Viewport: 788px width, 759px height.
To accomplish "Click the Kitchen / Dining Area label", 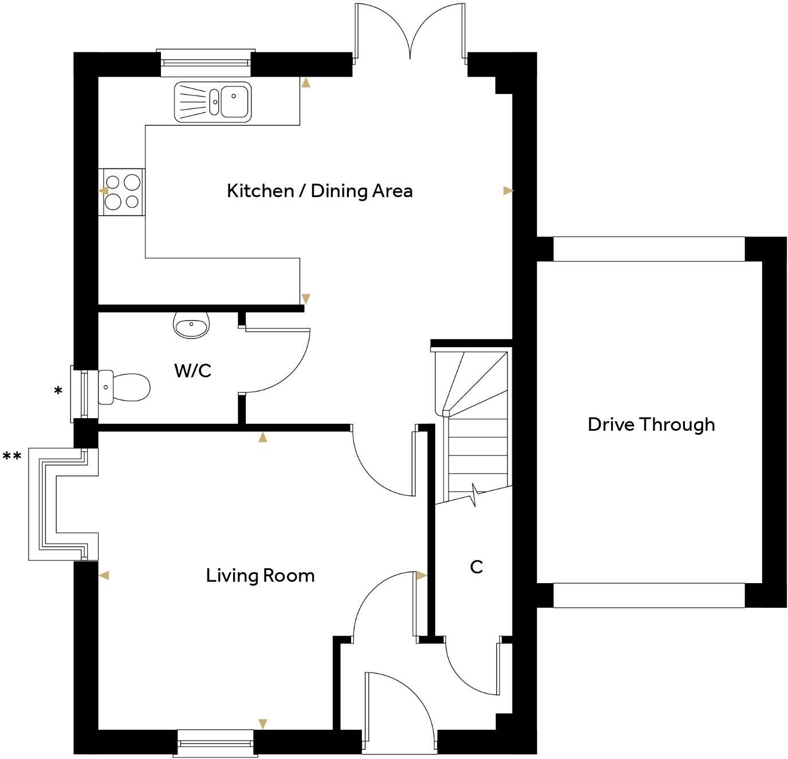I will (x=320, y=191).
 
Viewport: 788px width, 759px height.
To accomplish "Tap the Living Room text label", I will (x=260, y=576).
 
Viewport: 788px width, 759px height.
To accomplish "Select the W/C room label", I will (x=192, y=371).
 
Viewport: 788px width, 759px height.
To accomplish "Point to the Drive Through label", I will (x=651, y=424).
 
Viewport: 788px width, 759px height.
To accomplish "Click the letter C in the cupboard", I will (x=476, y=567).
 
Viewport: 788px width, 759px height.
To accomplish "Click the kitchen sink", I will (x=212, y=103).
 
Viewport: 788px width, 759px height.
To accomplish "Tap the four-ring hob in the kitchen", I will (x=122, y=192).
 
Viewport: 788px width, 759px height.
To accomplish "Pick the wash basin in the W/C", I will (x=191, y=327).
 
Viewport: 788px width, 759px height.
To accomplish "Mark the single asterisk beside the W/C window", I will (x=58, y=392).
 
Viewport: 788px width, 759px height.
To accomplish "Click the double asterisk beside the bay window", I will (x=12, y=457).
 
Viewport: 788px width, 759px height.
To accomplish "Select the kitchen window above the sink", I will (x=206, y=62).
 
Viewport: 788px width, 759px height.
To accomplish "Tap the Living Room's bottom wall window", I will (x=215, y=744).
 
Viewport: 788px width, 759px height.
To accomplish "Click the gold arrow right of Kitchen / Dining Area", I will (x=508, y=191).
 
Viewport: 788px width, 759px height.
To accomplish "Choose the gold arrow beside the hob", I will (x=103, y=191).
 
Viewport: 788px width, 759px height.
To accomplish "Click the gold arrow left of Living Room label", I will (x=104, y=576).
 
